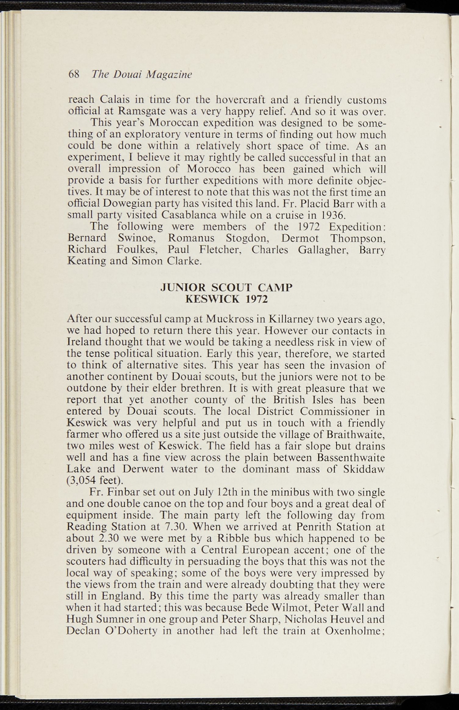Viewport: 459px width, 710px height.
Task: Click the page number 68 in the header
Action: pos(74,75)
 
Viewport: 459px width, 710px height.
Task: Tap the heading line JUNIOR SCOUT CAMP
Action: pos(227,287)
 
